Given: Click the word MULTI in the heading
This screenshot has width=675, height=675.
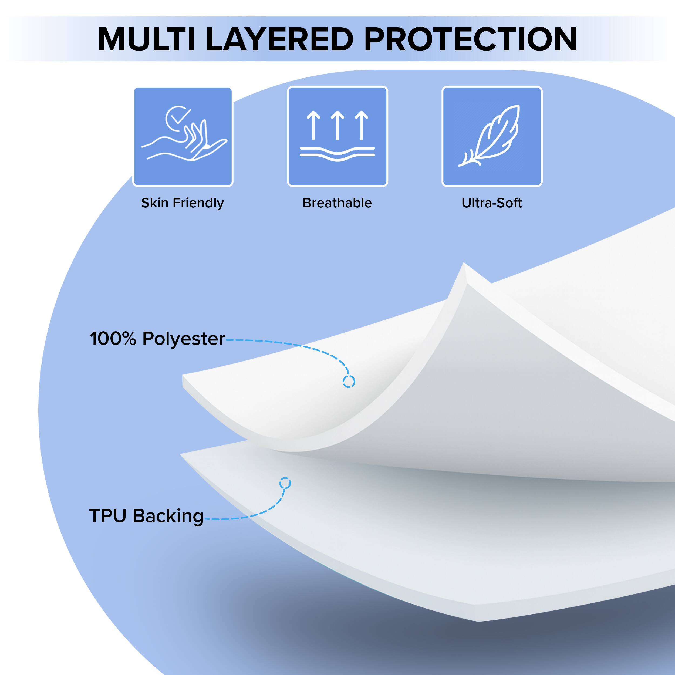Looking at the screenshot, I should [x=146, y=39].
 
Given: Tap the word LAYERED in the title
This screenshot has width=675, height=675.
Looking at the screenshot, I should [x=280, y=39].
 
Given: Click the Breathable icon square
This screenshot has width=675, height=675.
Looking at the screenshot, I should [x=337, y=136].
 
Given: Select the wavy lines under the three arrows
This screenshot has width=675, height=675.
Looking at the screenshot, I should [x=337, y=154].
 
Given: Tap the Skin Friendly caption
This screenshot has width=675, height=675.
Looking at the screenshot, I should [x=182, y=203].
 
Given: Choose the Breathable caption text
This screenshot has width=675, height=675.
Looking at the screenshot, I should [x=337, y=203].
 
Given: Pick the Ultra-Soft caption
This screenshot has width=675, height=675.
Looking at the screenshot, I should [x=492, y=203].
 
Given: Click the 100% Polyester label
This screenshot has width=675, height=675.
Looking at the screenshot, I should [x=157, y=339].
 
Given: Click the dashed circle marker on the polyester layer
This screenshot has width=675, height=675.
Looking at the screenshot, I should [x=349, y=382].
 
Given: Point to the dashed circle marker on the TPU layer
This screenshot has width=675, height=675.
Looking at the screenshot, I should [x=285, y=484].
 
